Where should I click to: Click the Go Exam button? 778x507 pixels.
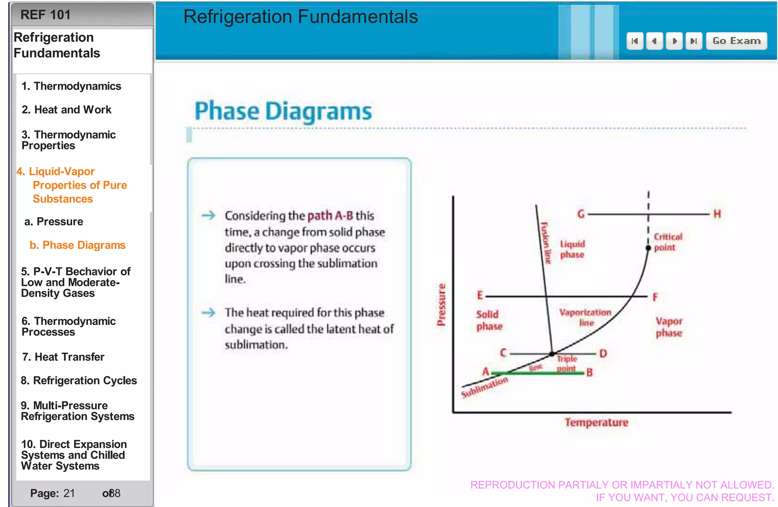(x=736, y=41)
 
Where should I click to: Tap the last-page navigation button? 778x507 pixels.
(x=694, y=41)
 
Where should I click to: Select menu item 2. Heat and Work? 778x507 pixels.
(x=66, y=110)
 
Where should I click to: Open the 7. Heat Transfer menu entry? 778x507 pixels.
(x=63, y=357)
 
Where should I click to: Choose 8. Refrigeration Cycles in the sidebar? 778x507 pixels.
(x=79, y=381)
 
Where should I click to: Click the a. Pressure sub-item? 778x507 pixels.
(x=54, y=222)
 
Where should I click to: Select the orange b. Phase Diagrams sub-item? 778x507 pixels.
(x=77, y=245)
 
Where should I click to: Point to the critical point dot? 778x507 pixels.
(x=648, y=248)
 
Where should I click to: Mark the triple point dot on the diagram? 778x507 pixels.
(x=552, y=354)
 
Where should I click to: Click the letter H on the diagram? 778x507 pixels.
(x=717, y=214)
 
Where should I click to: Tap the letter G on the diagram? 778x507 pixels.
(x=581, y=214)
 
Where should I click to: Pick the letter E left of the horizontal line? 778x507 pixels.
(x=480, y=295)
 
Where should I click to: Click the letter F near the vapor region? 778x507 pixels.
(x=655, y=297)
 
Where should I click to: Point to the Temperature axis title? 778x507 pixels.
(x=596, y=423)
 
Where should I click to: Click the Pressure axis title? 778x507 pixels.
(x=441, y=305)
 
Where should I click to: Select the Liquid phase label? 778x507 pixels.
(x=572, y=249)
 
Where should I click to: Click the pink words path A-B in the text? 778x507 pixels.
(x=330, y=216)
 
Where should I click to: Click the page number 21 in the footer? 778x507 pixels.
(x=69, y=493)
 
